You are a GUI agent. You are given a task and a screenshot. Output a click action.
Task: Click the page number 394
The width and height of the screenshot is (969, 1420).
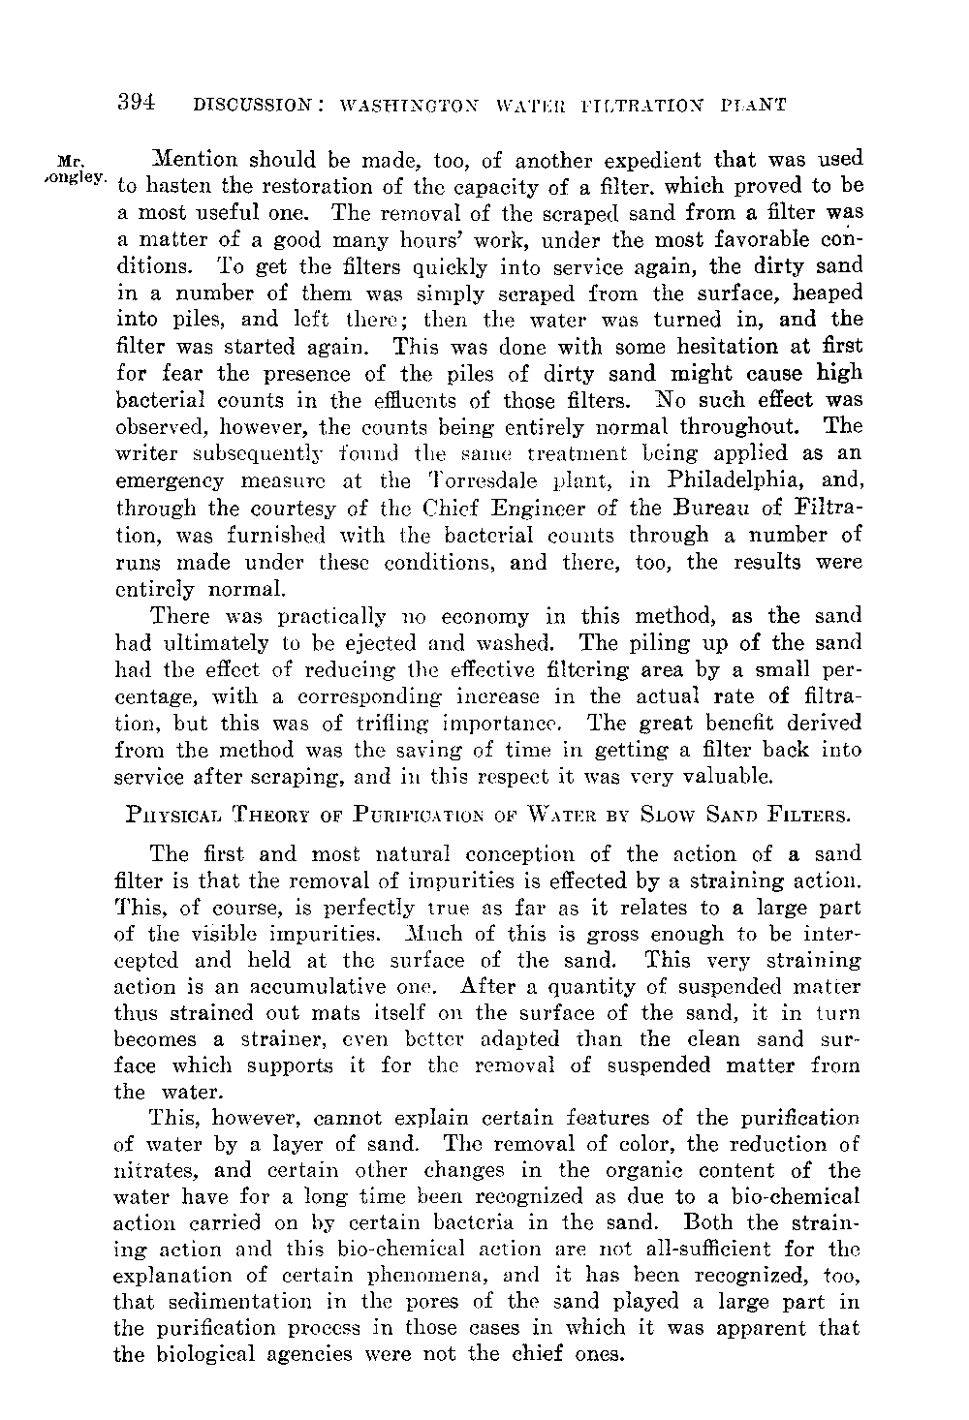136,101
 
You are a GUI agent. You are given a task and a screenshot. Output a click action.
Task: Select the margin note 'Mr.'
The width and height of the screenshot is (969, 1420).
72,160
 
